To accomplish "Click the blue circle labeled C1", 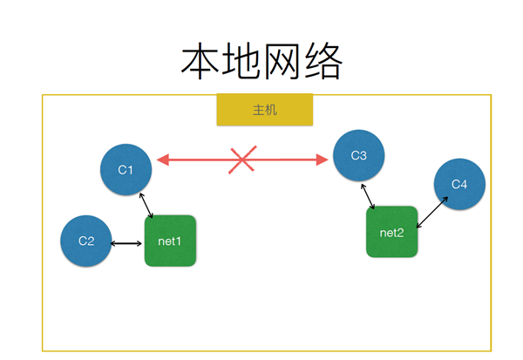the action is pyautogui.click(x=126, y=169).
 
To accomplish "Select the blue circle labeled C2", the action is pyautogui.click(x=86, y=241).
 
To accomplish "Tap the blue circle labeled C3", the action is pyautogui.click(x=359, y=155).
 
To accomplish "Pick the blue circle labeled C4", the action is pyautogui.click(x=459, y=184).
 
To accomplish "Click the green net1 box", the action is pyautogui.click(x=170, y=241).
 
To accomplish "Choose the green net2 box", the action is pyautogui.click(x=392, y=232).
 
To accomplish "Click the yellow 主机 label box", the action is pyautogui.click(x=265, y=110).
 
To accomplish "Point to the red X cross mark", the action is pyautogui.click(x=242, y=160).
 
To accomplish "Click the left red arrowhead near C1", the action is pyautogui.click(x=163, y=160).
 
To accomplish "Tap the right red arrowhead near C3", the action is pyautogui.click(x=323, y=160).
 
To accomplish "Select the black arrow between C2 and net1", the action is pyautogui.click(x=126, y=243).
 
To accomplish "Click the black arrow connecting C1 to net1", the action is pyautogui.click(x=146, y=206).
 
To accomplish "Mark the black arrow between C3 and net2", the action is pyautogui.click(x=368, y=196).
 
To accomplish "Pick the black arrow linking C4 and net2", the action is pyautogui.click(x=432, y=213).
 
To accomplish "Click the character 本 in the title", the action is pyautogui.click(x=200, y=61).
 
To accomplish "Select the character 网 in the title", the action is pyautogui.click(x=282, y=61).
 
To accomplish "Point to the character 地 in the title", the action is pyautogui.click(x=241, y=61).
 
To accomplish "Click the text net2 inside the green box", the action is pyautogui.click(x=392, y=233).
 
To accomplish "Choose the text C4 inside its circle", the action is pyautogui.click(x=459, y=184).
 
